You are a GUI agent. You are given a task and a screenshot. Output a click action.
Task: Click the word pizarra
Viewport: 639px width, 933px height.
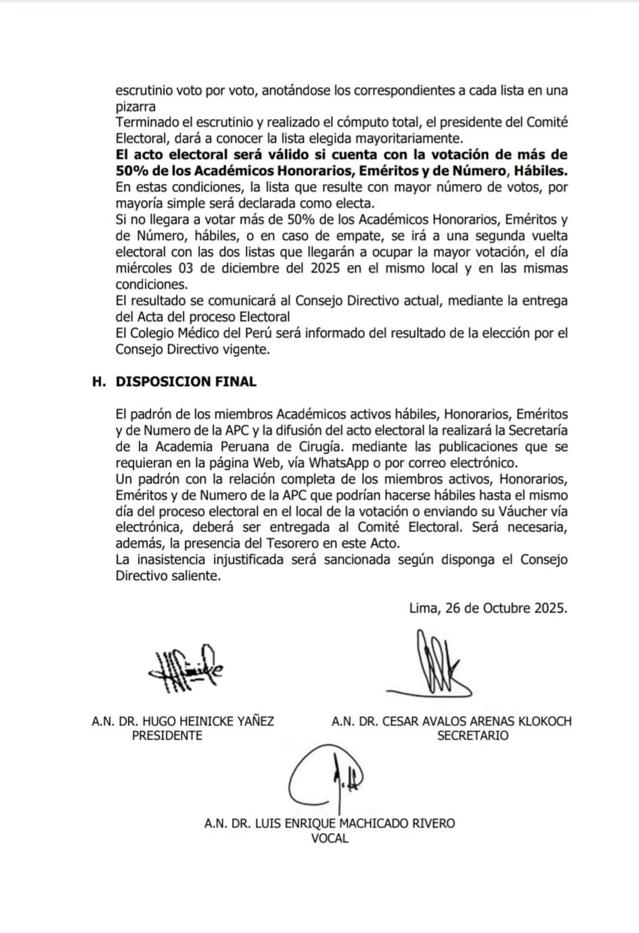135,106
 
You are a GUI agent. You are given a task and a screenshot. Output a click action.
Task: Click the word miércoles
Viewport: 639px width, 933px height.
144,268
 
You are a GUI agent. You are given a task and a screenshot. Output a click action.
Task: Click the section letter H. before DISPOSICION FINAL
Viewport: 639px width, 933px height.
100,382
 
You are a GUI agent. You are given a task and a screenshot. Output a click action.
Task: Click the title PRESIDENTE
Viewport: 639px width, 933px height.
167,736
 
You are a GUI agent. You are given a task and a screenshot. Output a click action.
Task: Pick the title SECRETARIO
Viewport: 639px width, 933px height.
472,736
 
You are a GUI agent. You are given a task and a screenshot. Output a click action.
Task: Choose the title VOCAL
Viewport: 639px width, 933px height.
330,838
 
